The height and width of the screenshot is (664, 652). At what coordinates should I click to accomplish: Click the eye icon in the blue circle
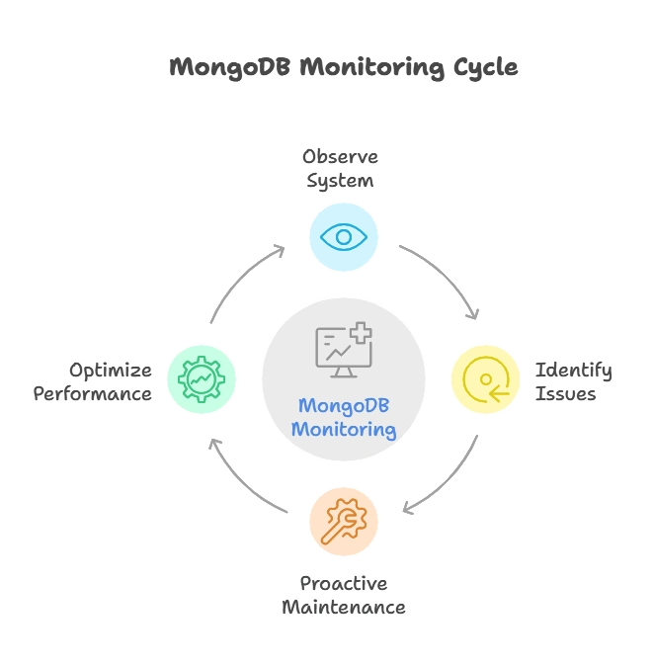tap(343, 237)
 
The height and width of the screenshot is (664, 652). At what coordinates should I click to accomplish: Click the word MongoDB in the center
tap(344, 407)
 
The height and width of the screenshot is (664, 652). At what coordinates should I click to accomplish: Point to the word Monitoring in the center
tap(344, 430)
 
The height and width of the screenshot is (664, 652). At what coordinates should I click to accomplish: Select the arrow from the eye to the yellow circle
tap(445, 277)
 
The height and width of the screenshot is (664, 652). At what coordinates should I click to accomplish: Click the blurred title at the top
tap(342, 69)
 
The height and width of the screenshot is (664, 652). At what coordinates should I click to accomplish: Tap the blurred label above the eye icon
tap(340, 168)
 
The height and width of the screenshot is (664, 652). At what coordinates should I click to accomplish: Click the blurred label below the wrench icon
tap(342, 596)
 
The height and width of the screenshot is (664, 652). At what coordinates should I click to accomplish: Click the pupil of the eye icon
tap(343, 237)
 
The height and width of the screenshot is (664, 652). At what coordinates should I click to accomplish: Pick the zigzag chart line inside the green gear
tap(202, 378)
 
